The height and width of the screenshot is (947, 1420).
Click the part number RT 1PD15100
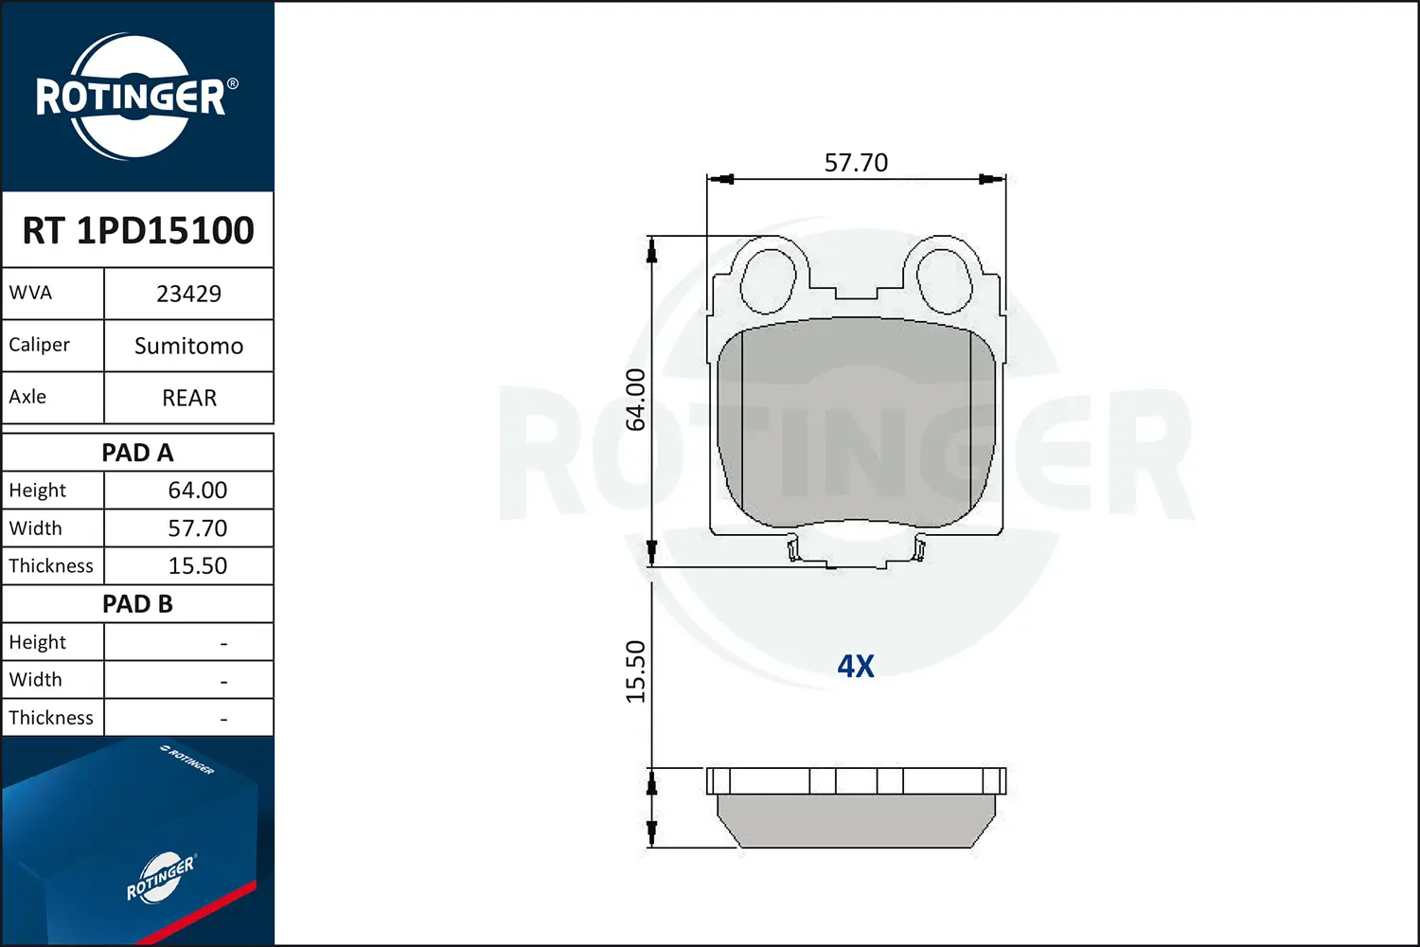(138, 230)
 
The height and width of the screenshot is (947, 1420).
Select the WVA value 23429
(188, 294)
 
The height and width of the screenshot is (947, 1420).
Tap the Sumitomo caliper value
(188, 346)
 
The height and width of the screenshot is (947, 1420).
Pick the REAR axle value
(188, 398)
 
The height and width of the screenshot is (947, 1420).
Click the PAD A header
(137, 453)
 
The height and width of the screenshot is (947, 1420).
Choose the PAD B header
(137, 604)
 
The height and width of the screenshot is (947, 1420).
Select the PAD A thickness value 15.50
(197, 566)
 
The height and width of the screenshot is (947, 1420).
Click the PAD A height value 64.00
(197, 491)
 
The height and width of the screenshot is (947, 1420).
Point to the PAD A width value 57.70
(197, 528)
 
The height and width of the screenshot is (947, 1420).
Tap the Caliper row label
(40, 345)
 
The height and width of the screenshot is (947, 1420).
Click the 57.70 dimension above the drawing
(856, 163)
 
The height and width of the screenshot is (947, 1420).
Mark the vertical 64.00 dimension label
(636, 400)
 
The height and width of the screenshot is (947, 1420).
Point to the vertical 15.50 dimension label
(636, 671)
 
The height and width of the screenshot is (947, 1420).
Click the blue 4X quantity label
(856, 667)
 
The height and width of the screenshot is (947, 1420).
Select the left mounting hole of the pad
(768, 280)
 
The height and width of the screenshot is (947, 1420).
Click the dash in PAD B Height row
(223, 643)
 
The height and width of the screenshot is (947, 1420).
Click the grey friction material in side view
(856, 820)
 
